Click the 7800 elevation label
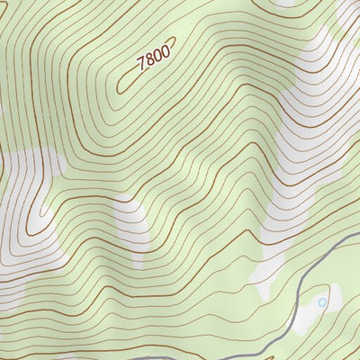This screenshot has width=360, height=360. click(153, 58)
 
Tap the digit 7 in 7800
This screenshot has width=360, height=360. click(140, 64)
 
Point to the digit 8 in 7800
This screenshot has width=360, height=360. click(148, 60)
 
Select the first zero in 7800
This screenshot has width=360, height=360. click(157, 56)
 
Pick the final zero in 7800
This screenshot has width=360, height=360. click(165, 52)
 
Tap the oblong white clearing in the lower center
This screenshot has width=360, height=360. click(132, 225)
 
